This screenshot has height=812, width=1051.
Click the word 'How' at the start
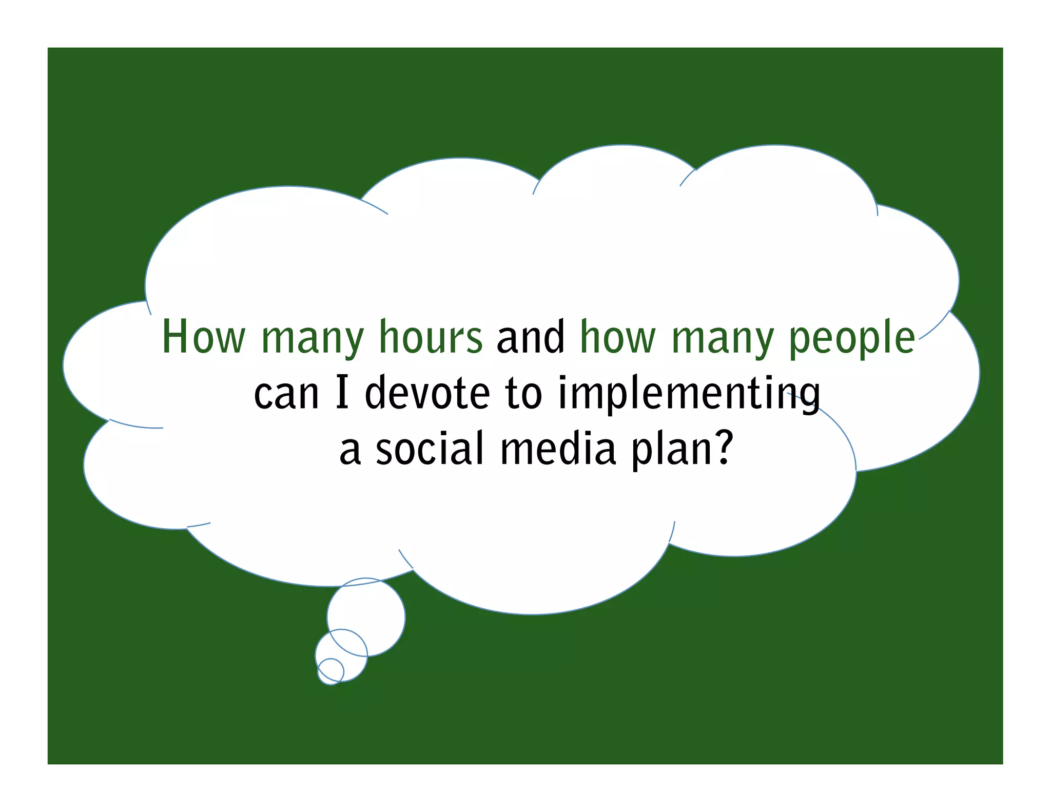point(204,337)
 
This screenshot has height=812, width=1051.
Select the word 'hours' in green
point(431,337)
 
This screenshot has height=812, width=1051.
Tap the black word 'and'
point(531,337)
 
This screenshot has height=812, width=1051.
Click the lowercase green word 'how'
point(618,337)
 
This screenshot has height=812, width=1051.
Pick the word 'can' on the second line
point(286,394)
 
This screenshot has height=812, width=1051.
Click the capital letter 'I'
point(342,392)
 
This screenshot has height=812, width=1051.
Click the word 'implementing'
point(689,394)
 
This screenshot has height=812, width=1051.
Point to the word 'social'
point(430,449)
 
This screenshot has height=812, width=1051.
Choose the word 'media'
point(558,449)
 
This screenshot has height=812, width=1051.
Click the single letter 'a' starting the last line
point(350,451)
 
